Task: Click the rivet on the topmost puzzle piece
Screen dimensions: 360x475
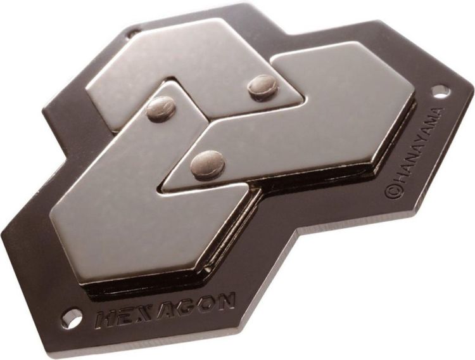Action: tap(261, 86)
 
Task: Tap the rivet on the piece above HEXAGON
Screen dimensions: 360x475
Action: tap(161, 108)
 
